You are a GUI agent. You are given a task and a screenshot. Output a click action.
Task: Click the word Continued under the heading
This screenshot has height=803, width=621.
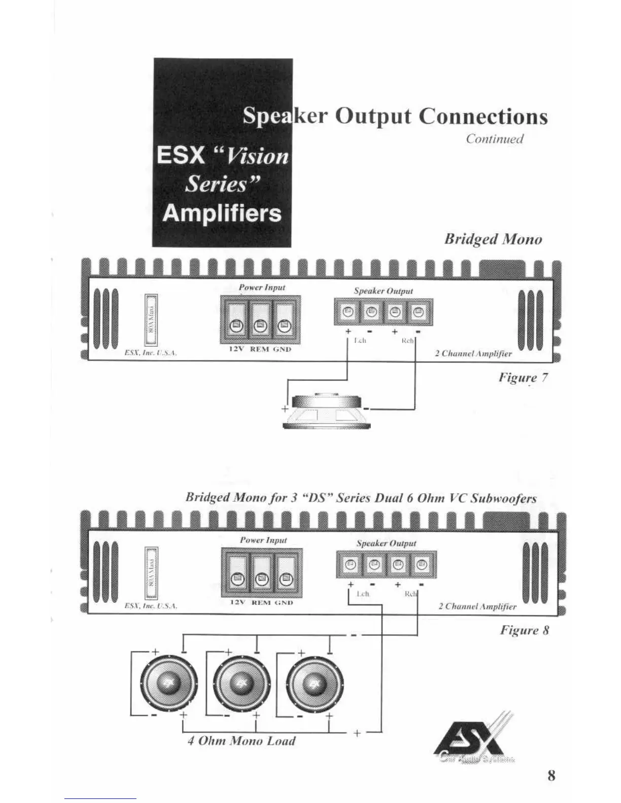[495, 139]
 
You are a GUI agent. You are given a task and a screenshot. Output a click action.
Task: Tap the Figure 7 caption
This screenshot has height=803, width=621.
[523, 378]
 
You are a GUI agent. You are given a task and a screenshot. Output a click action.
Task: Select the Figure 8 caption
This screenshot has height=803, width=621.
[525, 630]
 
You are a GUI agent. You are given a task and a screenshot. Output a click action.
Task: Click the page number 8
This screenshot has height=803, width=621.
[551, 775]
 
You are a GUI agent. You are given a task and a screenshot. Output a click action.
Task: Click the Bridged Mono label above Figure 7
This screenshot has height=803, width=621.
[493, 239]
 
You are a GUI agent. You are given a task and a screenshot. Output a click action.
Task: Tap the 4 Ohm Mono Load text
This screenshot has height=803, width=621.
[241, 741]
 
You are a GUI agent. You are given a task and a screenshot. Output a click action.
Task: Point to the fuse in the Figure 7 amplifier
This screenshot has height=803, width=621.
[151, 320]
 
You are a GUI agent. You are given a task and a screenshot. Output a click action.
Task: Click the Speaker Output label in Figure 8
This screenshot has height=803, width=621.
[386, 543]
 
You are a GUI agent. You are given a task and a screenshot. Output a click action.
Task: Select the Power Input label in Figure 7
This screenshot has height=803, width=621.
[262, 287]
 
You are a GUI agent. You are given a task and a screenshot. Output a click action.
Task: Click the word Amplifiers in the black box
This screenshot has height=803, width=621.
[222, 213]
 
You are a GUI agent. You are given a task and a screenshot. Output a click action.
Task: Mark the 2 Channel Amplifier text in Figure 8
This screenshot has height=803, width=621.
[477, 606]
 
